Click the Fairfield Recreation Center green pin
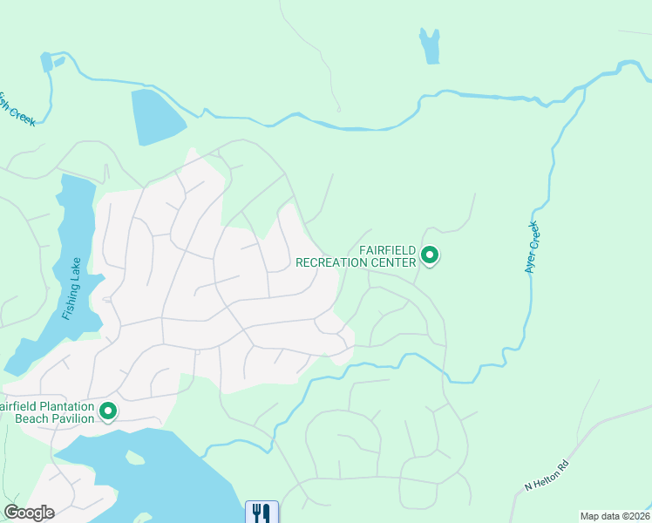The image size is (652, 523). [x=429, y=255]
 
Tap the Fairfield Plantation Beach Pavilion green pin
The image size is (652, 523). [x=108, y=410]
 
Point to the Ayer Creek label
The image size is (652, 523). [x=532, y=248]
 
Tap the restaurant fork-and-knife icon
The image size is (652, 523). [x=261, y=513]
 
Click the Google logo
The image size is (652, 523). [x=29, y=513]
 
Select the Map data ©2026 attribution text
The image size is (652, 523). [x=615, y=516]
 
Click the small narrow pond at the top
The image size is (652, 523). [x=429, y=45]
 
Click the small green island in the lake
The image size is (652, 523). [x=134, y=457]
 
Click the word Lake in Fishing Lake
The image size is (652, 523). [x=78, y=272]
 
